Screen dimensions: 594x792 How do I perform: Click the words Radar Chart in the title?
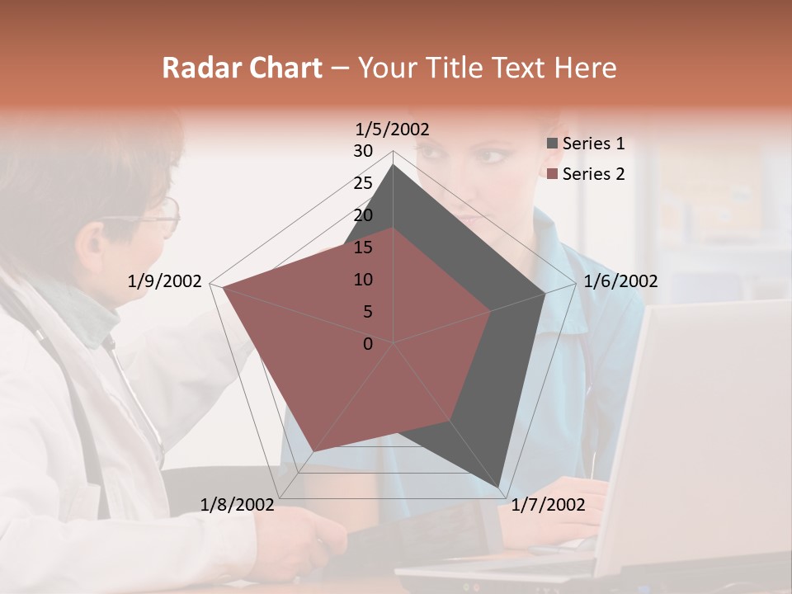click(242, 68)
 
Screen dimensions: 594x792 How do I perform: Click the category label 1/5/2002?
click(393, 129)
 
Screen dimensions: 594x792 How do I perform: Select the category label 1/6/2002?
click(620, 281)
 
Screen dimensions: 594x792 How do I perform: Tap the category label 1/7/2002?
click(548, 505)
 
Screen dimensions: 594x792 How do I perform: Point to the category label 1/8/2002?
click(238, 505)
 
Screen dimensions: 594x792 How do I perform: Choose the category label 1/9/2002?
click(165, 281)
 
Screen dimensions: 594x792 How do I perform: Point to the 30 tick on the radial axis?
click(363, 151)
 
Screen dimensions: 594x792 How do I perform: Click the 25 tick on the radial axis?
click(363, 183)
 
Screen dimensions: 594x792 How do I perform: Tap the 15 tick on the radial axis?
click(363, 247)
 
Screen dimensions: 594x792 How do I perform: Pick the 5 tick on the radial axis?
click(367, 312)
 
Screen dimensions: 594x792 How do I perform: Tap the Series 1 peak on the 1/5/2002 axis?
click(394, 165)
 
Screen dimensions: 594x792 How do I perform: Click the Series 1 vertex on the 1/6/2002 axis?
click(545, 293)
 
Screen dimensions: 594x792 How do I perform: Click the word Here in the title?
click(586, 68)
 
